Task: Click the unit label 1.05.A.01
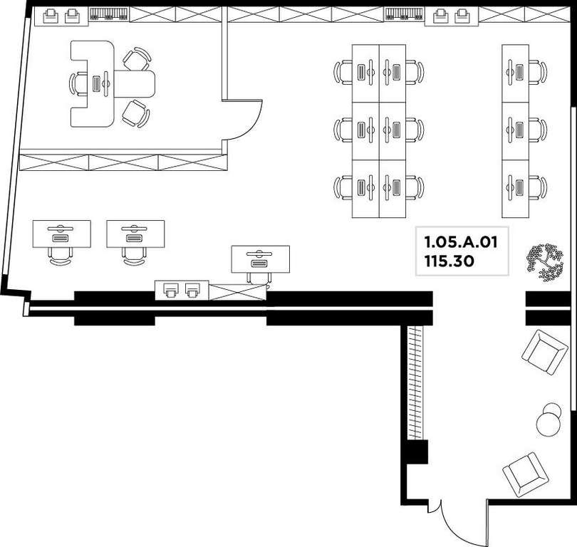click(461, 242)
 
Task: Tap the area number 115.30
click(449, 261)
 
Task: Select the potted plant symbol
click(545, 262)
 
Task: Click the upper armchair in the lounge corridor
click(545, 352)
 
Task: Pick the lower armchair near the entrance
click(526, 474)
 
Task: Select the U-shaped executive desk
click(111, 84)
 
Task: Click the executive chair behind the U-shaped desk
click(78, 84)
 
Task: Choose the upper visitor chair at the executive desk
click(137, 59)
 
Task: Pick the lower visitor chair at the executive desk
click(135, 114)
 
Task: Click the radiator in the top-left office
click(109, 14)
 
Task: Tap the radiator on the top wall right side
click(405, 14)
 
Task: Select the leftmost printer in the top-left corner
click(51, 16)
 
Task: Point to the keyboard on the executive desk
click(96, 84)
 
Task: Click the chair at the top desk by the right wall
click(538, 73)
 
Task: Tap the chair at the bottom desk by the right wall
click(538, 188)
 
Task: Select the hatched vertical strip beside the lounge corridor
click(415, 382)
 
